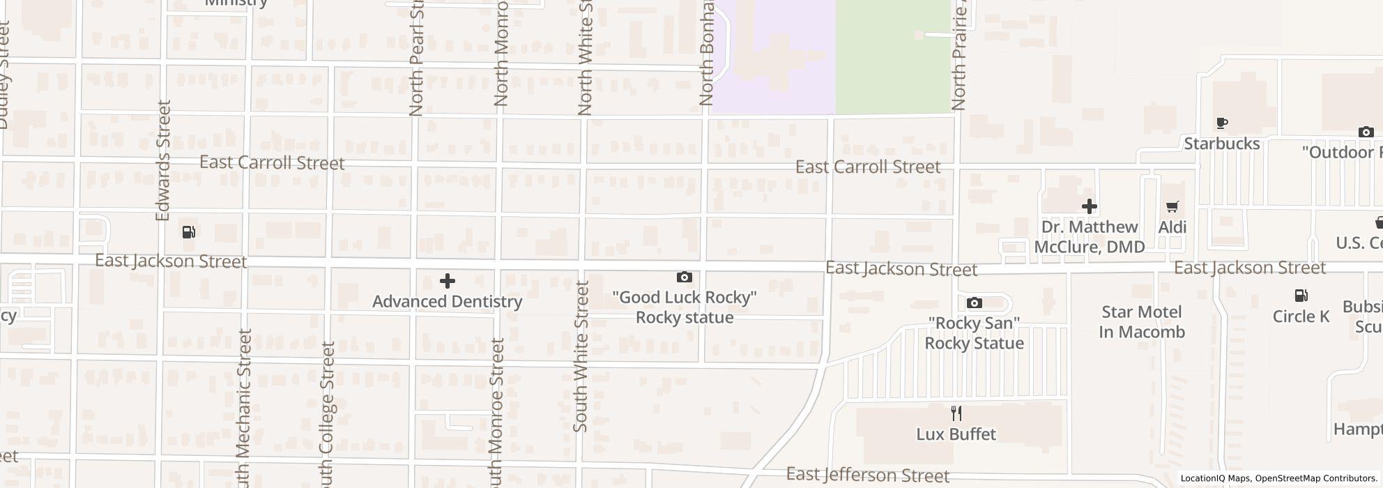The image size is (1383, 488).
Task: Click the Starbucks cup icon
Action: (x=1221, y=123)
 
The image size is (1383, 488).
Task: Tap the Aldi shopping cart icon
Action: (x=1172, y=207)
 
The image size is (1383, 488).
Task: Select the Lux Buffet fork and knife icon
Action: (x=956, y=413)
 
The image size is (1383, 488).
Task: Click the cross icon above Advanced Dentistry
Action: (x=448, y=281)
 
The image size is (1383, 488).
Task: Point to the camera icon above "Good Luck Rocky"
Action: (x=684, y=277)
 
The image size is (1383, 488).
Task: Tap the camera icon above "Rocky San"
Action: (x=974, y=303)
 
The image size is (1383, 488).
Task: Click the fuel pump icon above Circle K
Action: (x=1301, y=296)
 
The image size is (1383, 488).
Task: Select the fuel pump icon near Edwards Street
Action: (x=188, y=232)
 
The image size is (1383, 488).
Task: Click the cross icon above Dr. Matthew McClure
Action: (x=1089, y=206)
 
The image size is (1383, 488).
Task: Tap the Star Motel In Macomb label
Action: (x=1142, y=321)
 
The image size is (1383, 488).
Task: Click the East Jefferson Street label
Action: (x=867, y=475)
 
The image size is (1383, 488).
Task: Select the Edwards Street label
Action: (x=163, y=160)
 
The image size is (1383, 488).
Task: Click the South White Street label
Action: (x=581, y=356)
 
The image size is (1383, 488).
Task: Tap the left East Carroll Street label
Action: (x=272, y=163)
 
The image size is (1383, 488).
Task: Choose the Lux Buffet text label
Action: (x=956, y=434)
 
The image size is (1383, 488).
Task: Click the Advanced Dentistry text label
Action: (x=447, y=302)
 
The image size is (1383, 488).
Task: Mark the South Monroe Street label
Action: (x=496, y=411)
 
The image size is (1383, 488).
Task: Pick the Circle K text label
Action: (x=1301, y=317)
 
